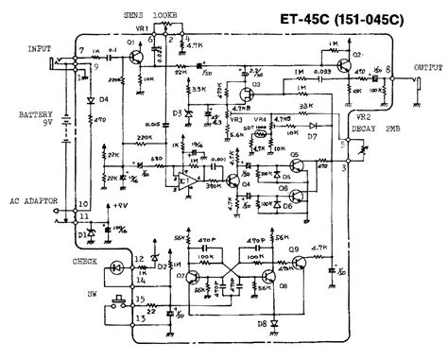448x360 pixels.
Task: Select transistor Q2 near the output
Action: pos(336,60)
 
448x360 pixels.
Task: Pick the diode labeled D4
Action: pos(92,98)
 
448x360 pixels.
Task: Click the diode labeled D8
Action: pos(275,323)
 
